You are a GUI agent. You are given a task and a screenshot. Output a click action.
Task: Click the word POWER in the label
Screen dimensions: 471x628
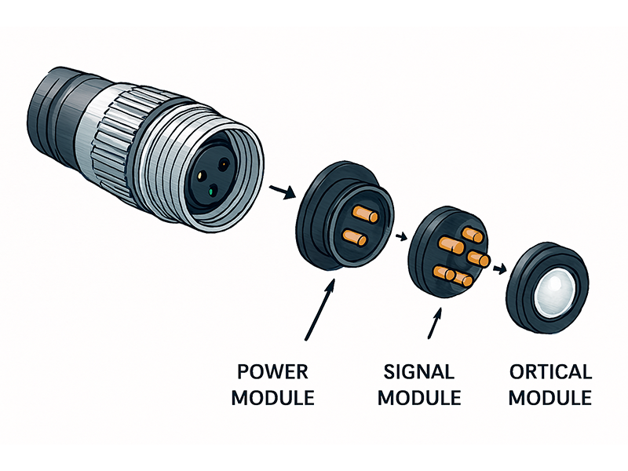272,371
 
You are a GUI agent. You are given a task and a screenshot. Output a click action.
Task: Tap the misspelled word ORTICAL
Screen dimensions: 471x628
549,371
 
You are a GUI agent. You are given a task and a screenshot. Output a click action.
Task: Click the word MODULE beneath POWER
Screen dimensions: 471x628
272,397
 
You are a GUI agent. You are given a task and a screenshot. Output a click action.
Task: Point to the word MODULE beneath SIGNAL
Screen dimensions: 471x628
418,397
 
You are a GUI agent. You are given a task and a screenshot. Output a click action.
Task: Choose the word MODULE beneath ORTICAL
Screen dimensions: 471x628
549,397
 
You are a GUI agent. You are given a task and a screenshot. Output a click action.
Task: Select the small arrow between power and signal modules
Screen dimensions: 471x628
402,235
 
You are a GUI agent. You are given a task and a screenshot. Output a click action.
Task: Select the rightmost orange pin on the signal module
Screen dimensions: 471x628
478,258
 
